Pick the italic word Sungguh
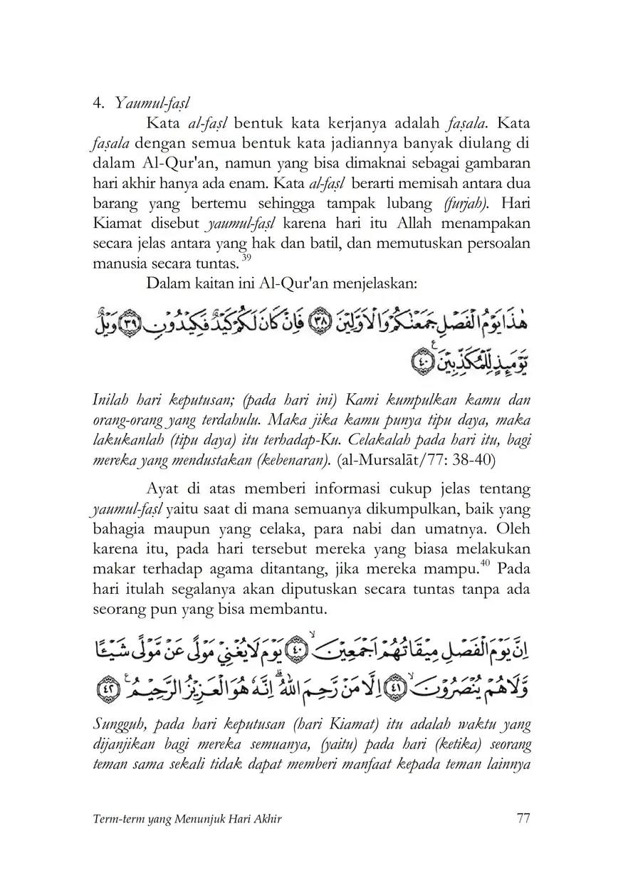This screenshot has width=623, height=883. [x=120, y=723]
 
